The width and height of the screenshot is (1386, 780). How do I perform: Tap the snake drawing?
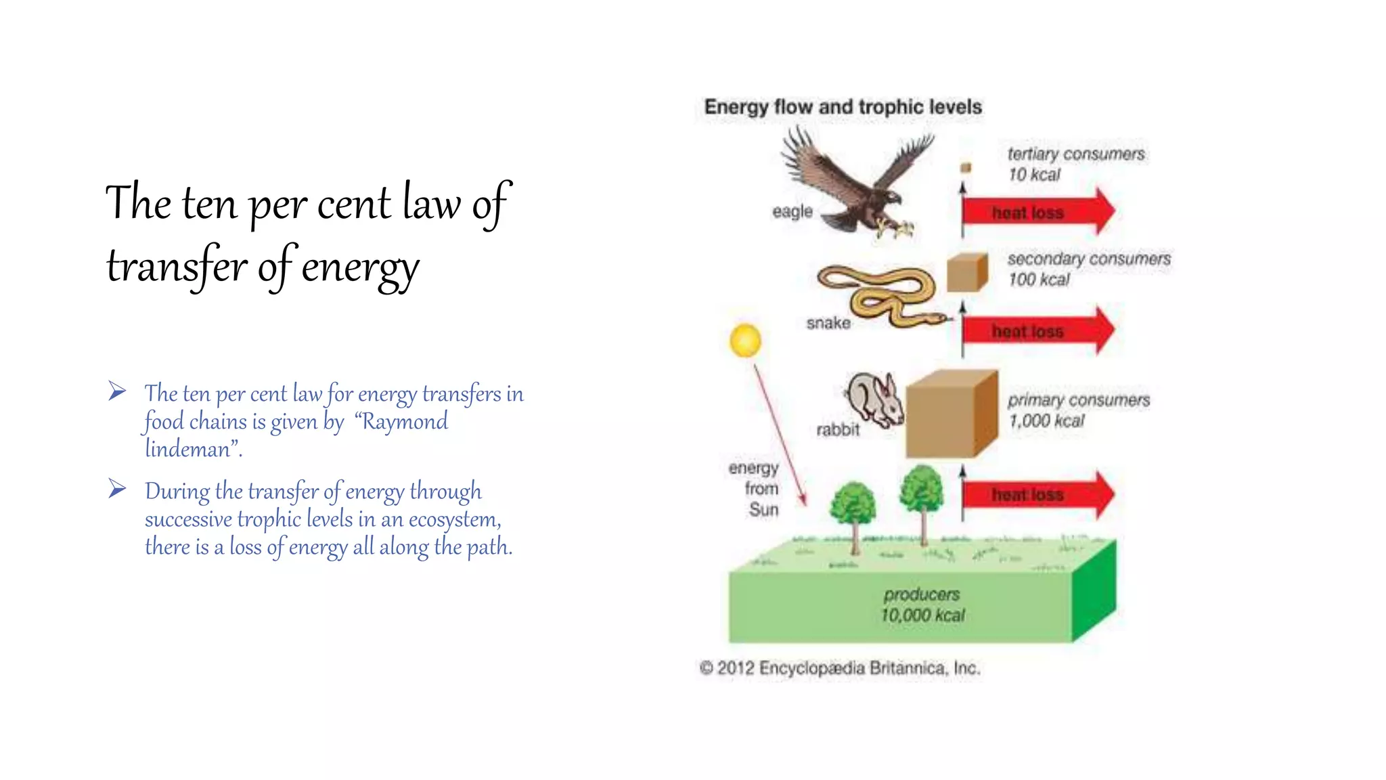[x=880, y=295]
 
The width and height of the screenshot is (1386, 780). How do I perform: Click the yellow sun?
[x=745, y=340]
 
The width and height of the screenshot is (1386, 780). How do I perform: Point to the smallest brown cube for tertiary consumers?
[x=966, y=167]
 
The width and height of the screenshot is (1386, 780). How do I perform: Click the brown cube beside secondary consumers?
[x=966, y=272]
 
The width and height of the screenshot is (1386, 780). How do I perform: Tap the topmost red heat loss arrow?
[x=1037, y=212]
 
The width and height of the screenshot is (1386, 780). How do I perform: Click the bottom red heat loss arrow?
[x=1037, y=495]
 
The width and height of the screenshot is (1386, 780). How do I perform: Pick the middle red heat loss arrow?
[x=1037, y=331]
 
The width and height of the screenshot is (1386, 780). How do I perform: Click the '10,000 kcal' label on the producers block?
[x=922, y=615]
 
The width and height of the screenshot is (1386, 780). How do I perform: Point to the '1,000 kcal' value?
[x=1046, y=421]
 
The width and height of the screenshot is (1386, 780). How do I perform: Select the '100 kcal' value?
[x=1039, y=280]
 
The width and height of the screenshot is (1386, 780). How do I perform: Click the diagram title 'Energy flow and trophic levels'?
[x=843, y=107]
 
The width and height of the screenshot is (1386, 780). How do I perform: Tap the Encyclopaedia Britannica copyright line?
[x=840, y=668]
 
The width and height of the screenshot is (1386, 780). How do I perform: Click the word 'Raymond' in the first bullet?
[x=405, y=422]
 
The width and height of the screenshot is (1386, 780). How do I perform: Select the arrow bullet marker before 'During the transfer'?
[x=117, y=489]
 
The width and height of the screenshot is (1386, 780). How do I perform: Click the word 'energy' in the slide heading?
[x=360, y=267]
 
